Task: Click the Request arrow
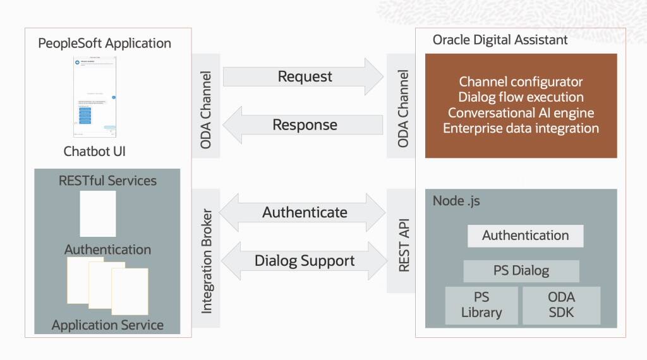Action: point(303,77)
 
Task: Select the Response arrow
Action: point(303,125)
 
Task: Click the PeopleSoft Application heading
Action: point(105,44)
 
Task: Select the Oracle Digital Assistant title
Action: point(500,40)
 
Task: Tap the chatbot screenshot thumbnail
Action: point(95,98)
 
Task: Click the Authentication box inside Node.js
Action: point(525,236)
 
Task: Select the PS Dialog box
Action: point(521,271)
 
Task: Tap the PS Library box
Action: point(481,305)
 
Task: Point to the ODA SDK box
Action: point(561,305)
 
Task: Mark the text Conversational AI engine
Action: point(521,113)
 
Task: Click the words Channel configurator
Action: point(521,81)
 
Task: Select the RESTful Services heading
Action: point(107,181)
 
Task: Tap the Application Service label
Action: point(107,325)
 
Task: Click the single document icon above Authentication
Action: point(98,213)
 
